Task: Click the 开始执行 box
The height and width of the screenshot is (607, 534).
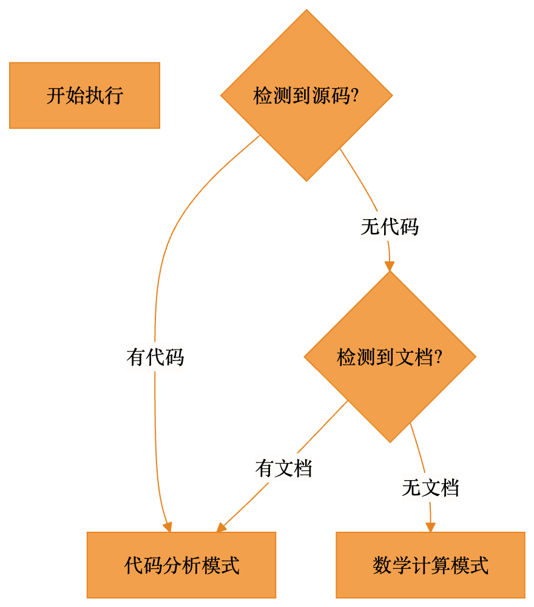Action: tap(85, 95)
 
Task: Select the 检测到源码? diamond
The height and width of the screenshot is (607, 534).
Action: tap(306, 95)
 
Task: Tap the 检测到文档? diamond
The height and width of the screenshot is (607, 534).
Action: tap(390, 356)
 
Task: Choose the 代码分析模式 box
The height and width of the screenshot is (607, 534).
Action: tap(181, 565)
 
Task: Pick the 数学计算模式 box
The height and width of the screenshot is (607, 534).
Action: tap(430, 565)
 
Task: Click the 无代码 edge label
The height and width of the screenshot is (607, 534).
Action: tap(390, 226)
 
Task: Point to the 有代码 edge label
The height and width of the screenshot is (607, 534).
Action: tap(155, 356)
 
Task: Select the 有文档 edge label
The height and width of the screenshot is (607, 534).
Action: tap(283, 468)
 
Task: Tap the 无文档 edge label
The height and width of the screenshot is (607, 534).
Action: tap(430, 487)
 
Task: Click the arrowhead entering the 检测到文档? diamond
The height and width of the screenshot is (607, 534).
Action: tap(390, 266)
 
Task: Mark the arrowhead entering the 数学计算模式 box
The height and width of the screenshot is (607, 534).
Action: tap(430, 527)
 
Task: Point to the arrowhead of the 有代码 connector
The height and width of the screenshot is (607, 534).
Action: tap(167, 527)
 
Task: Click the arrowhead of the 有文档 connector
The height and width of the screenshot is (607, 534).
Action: tap(221, 527)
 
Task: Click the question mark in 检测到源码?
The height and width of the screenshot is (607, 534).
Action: tap(355, 96)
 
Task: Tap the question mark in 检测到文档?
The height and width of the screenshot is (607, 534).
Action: tap(438, 357)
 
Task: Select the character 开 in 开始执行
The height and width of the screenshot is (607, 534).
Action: tap(56, 96)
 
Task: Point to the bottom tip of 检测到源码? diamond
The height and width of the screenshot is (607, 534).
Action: tap(306, 181)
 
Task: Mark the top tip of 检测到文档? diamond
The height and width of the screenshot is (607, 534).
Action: tap(390, 271)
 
